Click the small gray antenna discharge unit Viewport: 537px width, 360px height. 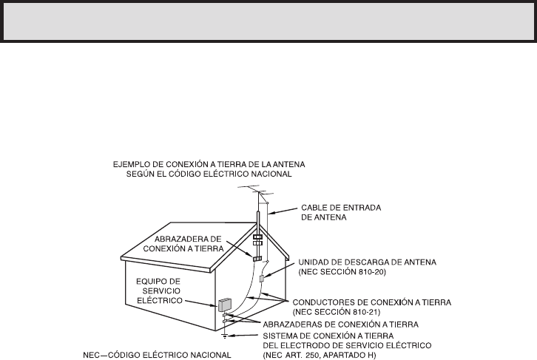pyautogui.click(x=262, y=279)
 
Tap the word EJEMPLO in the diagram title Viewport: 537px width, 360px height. pyautogui.click(x=126, y=164)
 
